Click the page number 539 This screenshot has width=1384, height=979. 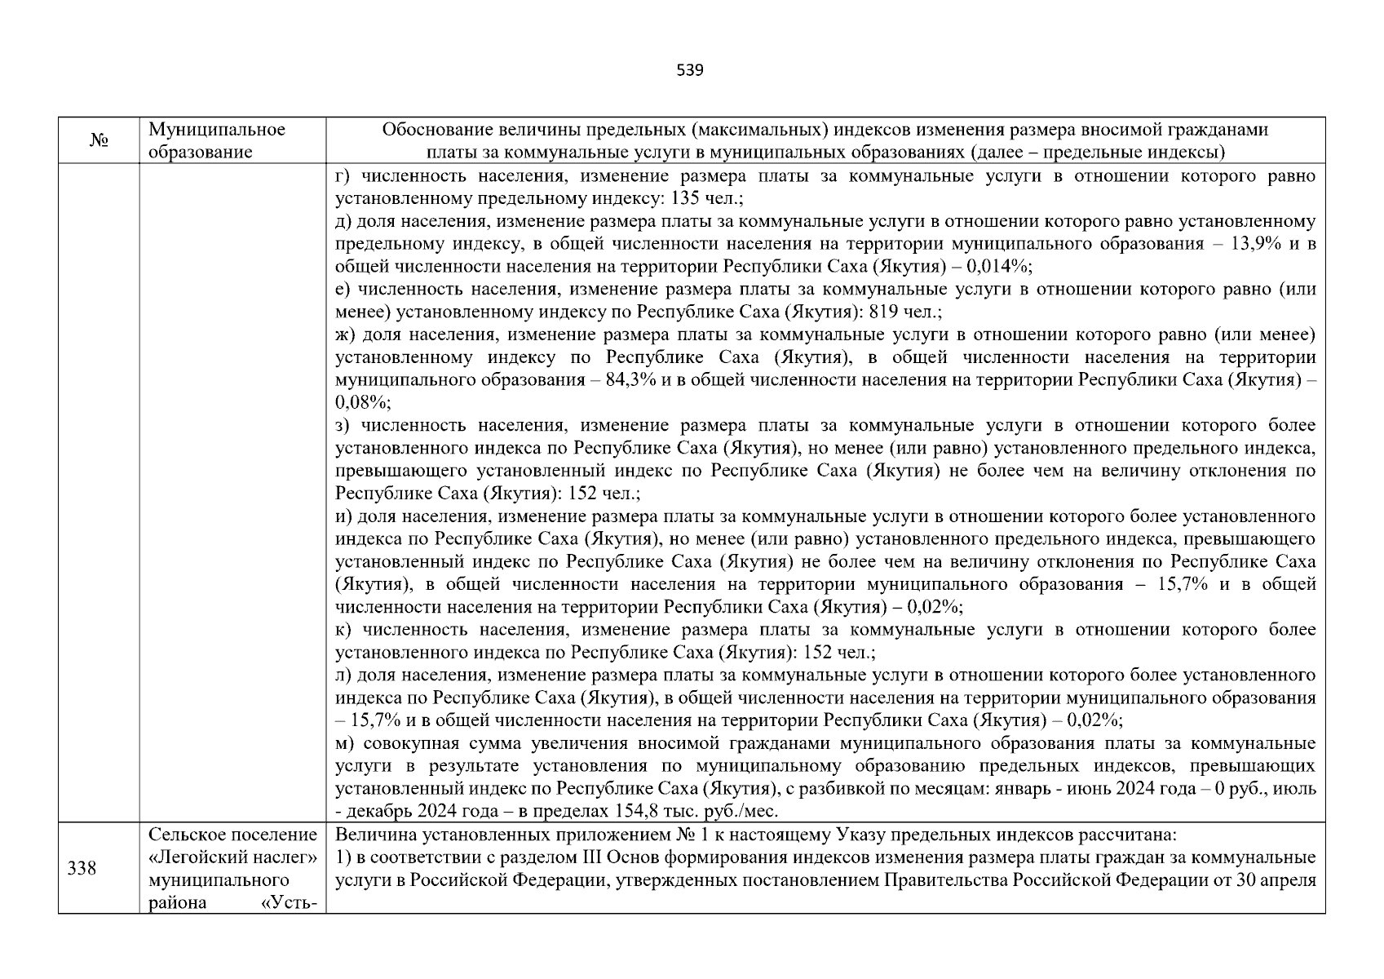coord(690,70)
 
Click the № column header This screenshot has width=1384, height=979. coord(99,141)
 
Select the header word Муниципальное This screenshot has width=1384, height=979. coord(217,130)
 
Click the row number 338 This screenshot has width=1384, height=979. coord(82,869)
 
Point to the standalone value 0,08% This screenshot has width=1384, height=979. coord(362,403)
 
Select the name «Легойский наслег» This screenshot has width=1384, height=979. coord(232,857)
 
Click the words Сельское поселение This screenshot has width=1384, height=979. coord(232,835)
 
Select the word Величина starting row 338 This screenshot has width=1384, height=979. coord(370,835)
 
